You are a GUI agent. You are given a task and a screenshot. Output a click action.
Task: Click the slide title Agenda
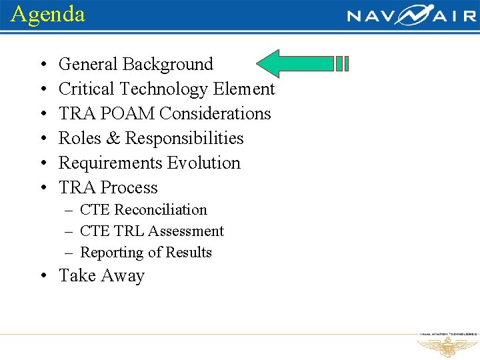tap(48, 14)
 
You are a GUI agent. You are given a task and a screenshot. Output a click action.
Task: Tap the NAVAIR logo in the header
tap(411, 15)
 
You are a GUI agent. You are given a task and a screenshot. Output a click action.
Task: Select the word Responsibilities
tap(185, 139)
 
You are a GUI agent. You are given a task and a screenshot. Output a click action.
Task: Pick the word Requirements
tap(110, 163)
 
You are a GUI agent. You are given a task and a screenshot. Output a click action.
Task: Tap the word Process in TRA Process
tap(127, 188)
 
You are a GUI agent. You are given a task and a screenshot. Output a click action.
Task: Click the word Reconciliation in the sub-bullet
tap(161, 210)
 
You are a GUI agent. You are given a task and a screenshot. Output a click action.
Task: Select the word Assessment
tap(186, 231)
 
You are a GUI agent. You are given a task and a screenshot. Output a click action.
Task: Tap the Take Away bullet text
tap(101, 276)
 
